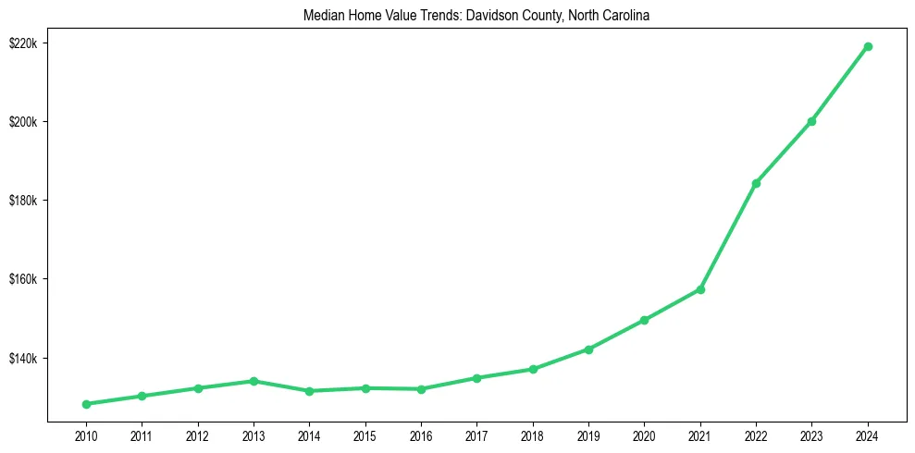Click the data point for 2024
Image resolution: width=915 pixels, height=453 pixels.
tap(868, 46)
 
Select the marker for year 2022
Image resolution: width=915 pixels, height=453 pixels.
tap(756, 183)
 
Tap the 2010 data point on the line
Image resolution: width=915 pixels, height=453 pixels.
tap(86, 404)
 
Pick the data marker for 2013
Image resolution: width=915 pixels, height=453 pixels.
tap(253, 381)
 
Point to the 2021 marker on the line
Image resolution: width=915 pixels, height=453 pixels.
tap(700, 289)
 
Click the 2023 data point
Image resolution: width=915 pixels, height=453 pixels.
tap(811, 121)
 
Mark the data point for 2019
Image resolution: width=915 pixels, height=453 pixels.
tap(588, 349)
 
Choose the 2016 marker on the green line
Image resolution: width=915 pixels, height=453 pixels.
tap(421, 389)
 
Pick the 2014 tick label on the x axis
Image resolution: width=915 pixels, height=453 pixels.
tap(309, 435)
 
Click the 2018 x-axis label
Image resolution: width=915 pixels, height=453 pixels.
tap(533, 435)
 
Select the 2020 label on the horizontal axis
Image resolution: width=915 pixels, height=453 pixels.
tap(644, 435)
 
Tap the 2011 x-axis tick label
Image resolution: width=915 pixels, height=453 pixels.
tap(142, 435)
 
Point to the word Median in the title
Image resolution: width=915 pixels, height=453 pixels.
tap(322, 16)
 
